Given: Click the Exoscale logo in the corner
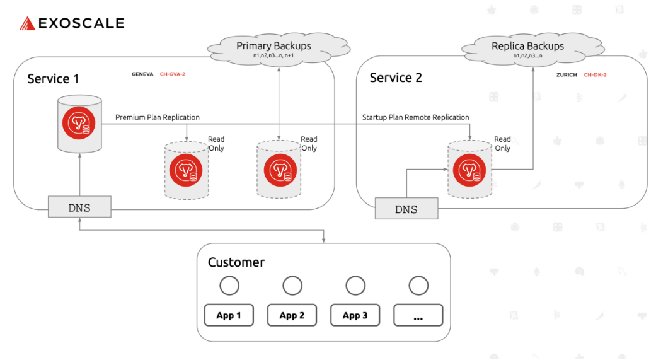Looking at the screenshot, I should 71,23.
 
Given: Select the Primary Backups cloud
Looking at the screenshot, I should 273,49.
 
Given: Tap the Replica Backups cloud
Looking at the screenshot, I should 527,49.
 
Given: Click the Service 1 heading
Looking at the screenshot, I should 53,79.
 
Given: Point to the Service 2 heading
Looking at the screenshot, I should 396,78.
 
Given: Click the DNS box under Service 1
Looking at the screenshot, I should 79,207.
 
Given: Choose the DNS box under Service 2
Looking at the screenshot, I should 406,209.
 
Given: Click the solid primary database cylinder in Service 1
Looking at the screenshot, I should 79,124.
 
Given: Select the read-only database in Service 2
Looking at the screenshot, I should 469,170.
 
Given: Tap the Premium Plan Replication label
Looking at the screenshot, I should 158,117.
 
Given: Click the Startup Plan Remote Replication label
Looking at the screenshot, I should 415,117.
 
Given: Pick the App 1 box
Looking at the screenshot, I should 229,315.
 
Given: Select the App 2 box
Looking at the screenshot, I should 292,315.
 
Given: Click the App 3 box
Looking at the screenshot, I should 355,315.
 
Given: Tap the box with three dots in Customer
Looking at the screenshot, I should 418,315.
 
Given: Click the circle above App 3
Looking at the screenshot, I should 355,286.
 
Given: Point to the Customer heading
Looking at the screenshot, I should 236,262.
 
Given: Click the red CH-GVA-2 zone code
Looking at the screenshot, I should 172,74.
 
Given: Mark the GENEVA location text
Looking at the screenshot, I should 142,74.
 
